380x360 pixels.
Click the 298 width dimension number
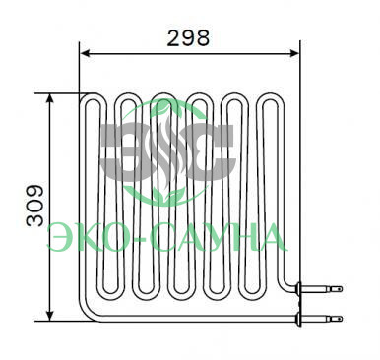click(x=188, y=38)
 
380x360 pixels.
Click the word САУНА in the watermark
click(x=219, y=237)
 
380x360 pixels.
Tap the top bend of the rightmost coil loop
click(x=266, y=98)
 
